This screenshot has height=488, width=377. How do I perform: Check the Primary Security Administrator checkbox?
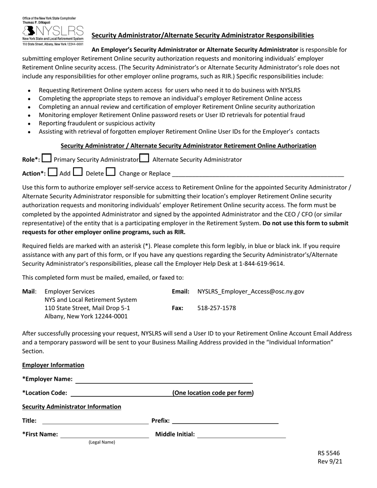47,159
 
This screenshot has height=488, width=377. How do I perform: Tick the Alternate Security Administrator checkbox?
144,159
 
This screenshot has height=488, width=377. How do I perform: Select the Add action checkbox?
53,172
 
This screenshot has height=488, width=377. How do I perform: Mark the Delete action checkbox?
78,172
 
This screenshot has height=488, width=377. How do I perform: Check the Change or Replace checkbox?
111,172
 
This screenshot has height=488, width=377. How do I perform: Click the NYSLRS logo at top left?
53,31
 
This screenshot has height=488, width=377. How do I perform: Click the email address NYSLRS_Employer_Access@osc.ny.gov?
251,292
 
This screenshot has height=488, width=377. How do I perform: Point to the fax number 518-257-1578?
216,307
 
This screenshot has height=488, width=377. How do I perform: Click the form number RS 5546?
329,453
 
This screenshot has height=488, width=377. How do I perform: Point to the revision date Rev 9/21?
330,461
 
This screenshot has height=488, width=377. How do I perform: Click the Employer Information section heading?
53,365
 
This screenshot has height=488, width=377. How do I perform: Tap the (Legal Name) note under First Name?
102,442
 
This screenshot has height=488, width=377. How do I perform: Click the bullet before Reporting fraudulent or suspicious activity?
30,124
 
